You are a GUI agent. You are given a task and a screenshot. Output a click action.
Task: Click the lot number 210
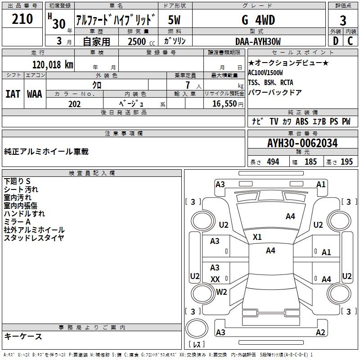tap(22, 19)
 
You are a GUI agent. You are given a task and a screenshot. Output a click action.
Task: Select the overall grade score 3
tap(343, 20)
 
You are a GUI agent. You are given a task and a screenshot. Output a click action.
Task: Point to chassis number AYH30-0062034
tap(302, 143)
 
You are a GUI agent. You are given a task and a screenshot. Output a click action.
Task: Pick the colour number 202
tap(74, 104)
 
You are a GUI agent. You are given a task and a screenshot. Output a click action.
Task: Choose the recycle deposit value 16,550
tap(224, 104)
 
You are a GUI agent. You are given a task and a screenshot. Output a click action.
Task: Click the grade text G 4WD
tap(258, 20)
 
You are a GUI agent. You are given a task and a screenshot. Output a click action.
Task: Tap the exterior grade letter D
tap(335, 41)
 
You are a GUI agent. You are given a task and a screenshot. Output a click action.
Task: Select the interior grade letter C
tap(350, 41)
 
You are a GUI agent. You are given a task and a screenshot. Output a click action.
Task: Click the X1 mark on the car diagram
tap(257, 237)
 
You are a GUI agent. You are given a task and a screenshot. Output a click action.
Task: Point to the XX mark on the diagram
tap(215, 279)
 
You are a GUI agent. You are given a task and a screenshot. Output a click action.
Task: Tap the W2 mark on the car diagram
tap(221, 292)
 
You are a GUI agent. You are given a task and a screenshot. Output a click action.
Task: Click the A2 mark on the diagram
tap(320, 333)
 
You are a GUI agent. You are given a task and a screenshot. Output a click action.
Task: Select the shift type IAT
tap(13, 94)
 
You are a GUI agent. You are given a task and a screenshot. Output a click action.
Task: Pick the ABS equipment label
tap(302, 121)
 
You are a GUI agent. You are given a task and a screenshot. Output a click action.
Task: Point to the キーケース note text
tap(23, 337)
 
